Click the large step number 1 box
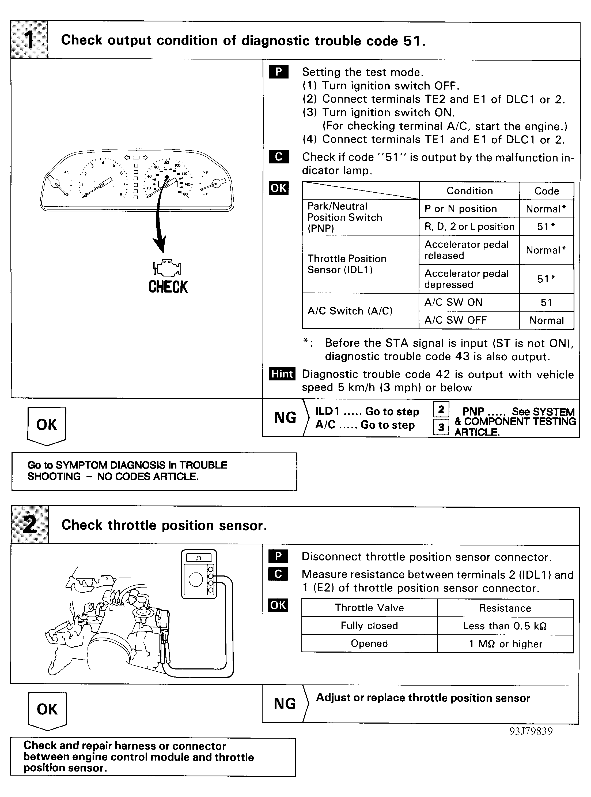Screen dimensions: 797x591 29,40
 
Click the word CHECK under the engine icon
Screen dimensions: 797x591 168,287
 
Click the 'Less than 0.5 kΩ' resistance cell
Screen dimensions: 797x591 505,626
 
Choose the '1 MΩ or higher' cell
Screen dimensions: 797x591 505,644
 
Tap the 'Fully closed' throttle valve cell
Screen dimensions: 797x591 369,626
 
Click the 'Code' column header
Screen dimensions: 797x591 546,191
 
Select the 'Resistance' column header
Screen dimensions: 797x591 505,608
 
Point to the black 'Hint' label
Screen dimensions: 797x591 282,374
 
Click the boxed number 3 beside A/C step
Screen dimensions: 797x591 441,427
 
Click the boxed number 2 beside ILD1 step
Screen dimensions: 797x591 441,409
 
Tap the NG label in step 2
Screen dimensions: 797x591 285,704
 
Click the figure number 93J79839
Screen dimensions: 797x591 531,731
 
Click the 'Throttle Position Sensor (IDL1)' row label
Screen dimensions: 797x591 347,264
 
